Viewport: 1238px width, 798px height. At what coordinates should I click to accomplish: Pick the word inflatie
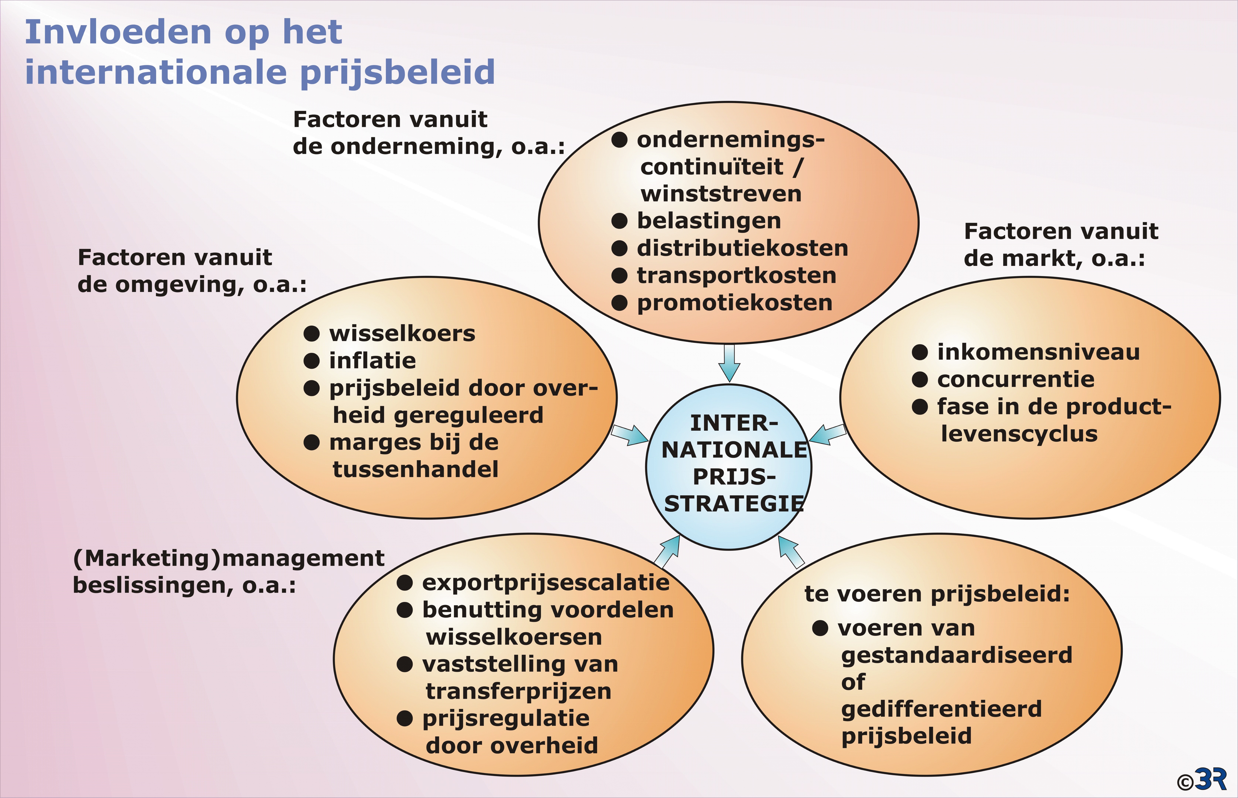[x=372, y=361]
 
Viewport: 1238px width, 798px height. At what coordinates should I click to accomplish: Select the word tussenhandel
[x=415, y=469]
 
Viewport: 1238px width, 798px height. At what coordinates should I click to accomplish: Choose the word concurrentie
[x=1016, y=379]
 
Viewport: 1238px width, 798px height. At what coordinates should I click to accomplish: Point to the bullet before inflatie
[x=311, y=361]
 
